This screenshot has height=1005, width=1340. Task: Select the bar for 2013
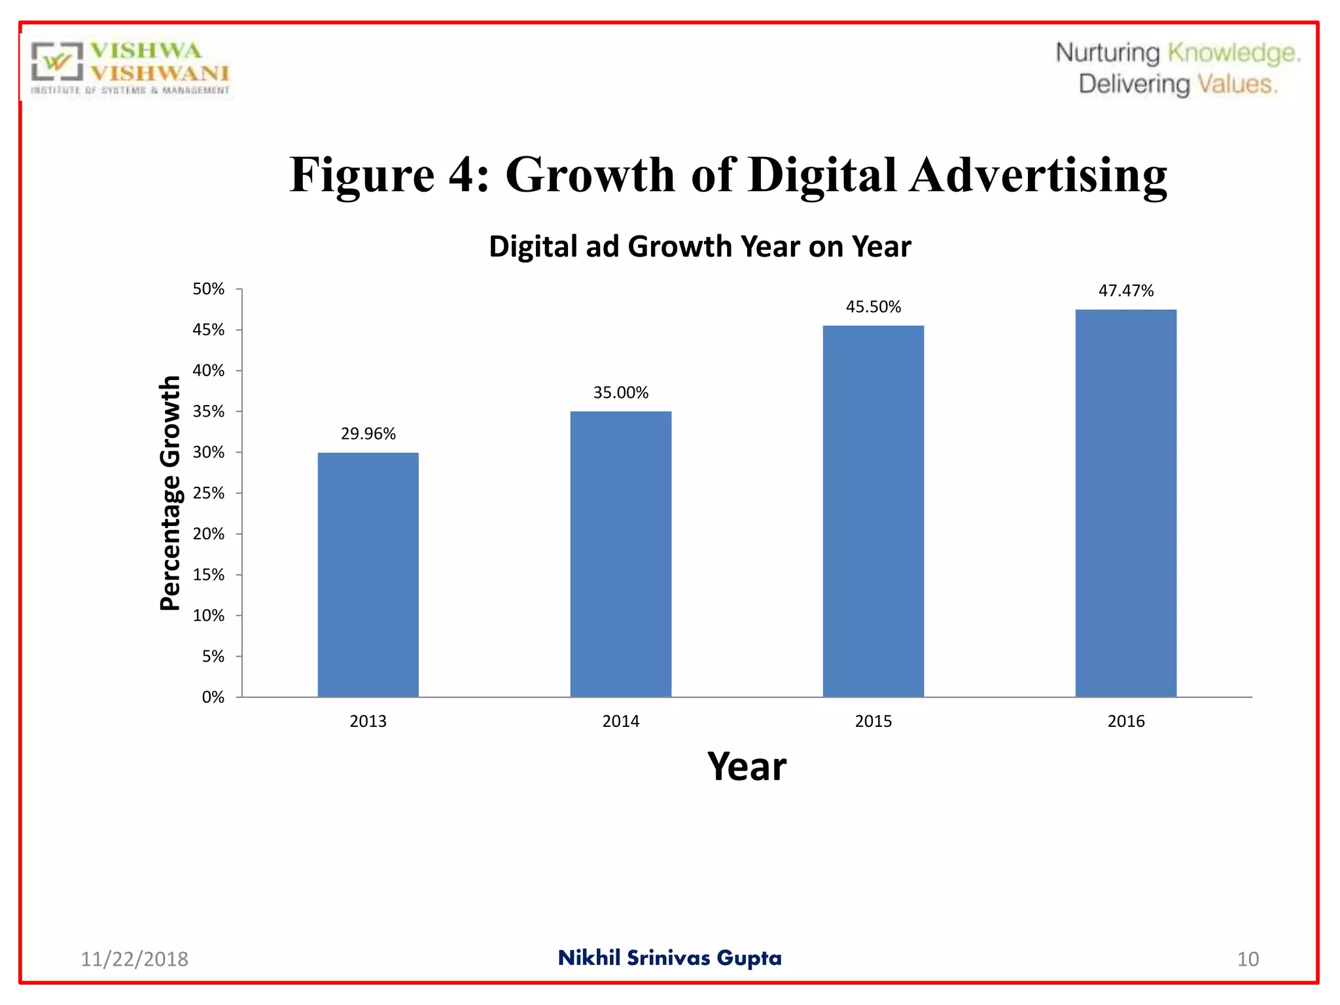[368, 574]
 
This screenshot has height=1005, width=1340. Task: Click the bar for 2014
[620, 554]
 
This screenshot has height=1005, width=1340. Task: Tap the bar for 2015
[873, 511]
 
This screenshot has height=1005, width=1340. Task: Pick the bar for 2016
[1125, 502]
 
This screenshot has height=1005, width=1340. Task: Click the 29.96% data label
[368, 434]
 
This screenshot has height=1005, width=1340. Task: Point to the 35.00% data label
[620, 393]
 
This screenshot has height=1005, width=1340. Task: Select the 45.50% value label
[873, 307]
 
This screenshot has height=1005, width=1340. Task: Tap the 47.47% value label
[1125, 291]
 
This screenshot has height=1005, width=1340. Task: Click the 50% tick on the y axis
[208, 289]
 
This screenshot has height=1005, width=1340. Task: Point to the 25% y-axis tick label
[208, 493]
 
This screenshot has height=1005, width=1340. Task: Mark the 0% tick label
[213, 697]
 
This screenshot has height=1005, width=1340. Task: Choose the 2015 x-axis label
[873, 721]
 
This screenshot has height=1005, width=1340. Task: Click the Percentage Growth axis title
[170, 493]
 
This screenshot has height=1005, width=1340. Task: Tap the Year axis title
[747, 766]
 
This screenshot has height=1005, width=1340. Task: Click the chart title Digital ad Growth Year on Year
[699, 247]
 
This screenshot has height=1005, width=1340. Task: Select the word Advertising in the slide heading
[1038, 175]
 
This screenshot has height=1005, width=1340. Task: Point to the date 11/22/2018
[134, 959]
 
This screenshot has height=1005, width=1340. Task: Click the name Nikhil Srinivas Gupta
[669, 958]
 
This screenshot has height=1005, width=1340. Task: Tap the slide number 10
[1247, 959]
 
